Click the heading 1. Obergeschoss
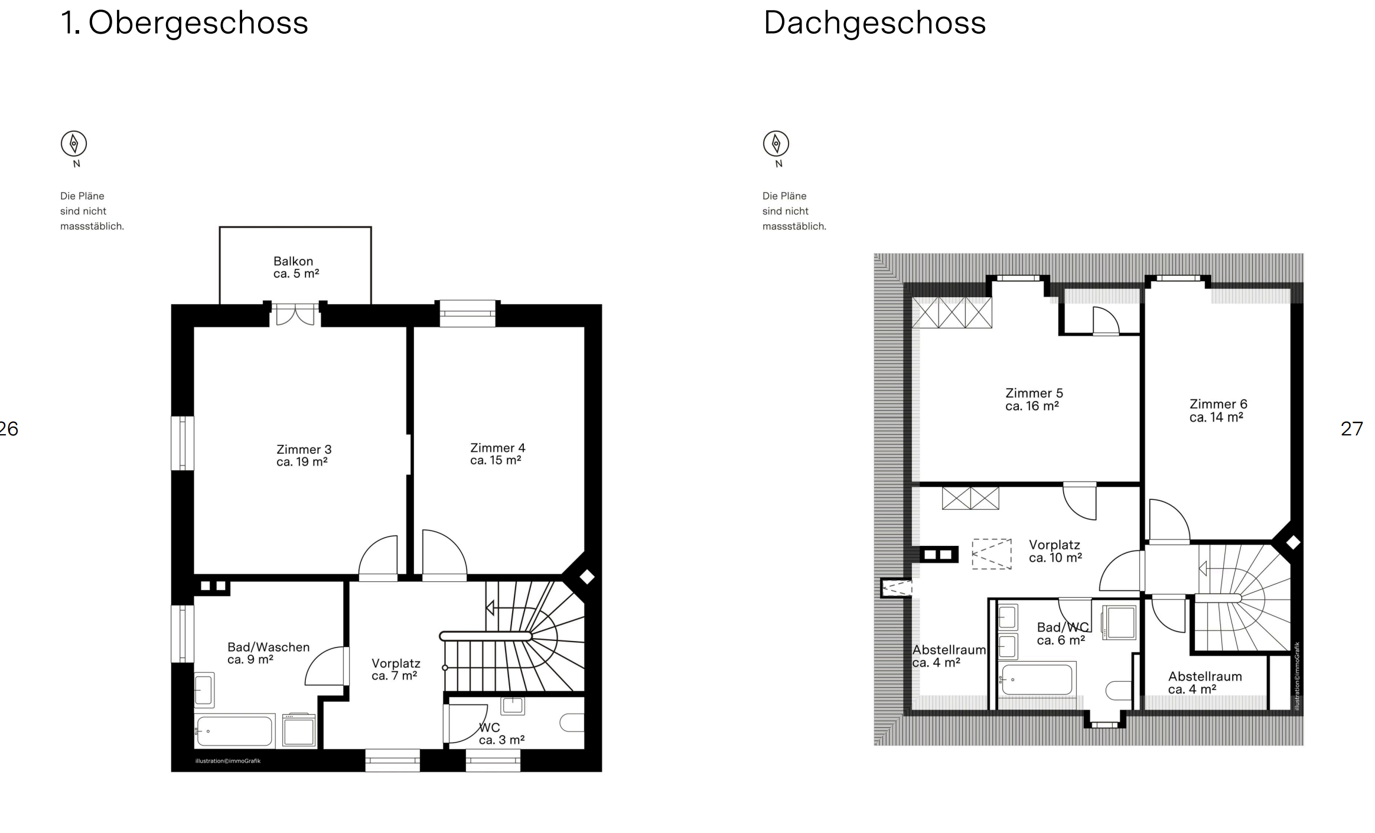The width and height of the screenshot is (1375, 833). point(184,23)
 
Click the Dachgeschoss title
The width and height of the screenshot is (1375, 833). point(875,23)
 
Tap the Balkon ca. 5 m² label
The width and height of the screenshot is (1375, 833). point(296,267)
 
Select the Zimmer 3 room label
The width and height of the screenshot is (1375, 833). point(304,455)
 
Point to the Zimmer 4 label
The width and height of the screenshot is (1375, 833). point(497,454)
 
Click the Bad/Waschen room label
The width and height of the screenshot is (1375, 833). point(268,653)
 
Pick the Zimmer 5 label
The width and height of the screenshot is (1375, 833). point(1034,399)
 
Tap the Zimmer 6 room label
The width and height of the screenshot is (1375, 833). point(1218,411)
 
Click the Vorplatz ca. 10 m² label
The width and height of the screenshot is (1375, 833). point(1055,551)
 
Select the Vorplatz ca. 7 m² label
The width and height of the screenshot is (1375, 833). point(396,669)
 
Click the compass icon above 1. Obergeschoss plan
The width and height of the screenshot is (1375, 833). point(74,144)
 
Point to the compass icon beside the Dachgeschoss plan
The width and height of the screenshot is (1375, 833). point(776,144)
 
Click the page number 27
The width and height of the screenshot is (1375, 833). point(1352,428)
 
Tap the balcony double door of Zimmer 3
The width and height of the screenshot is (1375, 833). point(295,314)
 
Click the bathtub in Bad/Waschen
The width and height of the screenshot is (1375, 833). point(234,731)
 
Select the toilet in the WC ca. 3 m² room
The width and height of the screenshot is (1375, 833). point(571,723)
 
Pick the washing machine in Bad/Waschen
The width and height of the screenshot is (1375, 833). point(299,730)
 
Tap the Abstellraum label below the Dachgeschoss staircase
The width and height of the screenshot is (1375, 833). point(1205,682)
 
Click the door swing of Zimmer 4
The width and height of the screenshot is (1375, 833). point(444,552)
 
